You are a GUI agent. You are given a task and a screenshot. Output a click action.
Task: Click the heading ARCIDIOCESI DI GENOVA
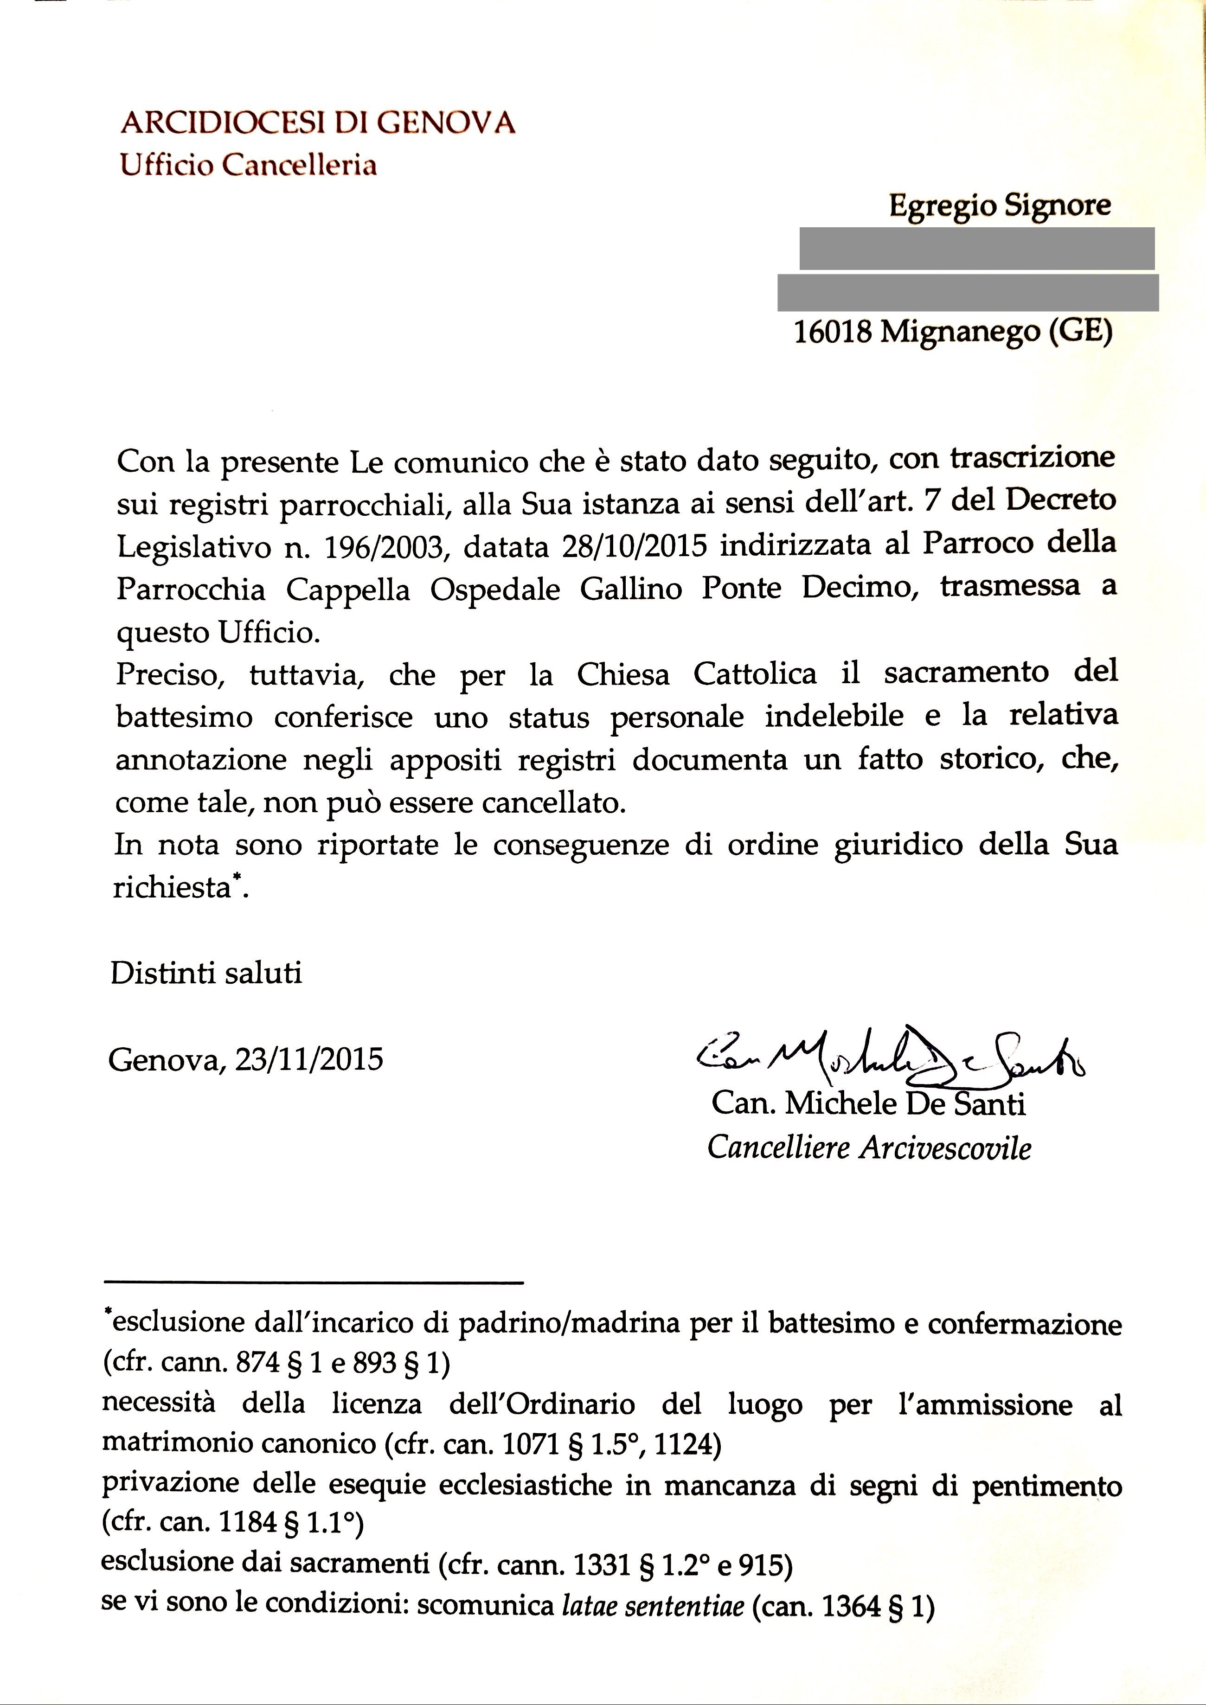click(318, 122)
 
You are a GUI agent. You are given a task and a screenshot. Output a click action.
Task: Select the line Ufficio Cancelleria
click(249, 164)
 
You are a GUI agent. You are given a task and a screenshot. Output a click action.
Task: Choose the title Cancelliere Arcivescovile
click(869, 1148)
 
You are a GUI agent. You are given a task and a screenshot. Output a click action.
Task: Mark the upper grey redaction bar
click(976, 249)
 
